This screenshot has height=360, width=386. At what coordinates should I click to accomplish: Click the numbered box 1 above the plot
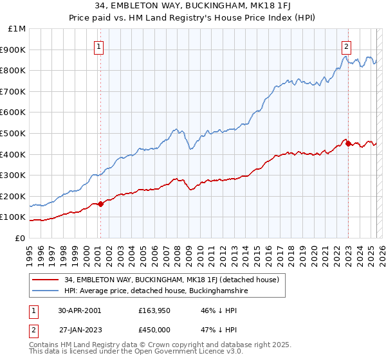[x=100, y=46]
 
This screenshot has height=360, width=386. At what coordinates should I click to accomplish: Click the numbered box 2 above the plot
[x=347, y=46]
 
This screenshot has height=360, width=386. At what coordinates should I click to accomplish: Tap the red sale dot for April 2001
[x=101, y=204]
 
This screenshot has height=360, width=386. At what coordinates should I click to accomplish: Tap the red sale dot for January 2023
[x=349, y=144]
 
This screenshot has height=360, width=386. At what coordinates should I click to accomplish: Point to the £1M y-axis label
[x=17, y=29]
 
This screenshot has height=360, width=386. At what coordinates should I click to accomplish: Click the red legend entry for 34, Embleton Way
[x=171, y=280]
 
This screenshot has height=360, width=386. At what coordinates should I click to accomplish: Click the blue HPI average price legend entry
[x=156, y=291]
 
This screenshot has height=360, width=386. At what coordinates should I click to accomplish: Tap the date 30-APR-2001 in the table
[x=80, y=310]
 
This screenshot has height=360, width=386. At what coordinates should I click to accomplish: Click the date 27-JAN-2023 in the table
[x=80, y=329]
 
